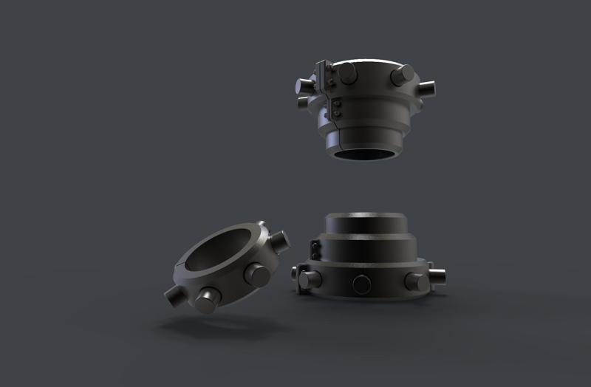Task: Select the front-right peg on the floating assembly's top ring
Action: [x=403, y=74]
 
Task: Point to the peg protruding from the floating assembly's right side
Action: [x=429, y=88]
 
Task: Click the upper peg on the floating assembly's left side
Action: [x=304, y=83]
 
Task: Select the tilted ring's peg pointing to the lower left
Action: [x=175, y=297]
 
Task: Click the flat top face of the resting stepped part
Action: [x=365, y=218]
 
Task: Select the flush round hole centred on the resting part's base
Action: [x=362, y=284]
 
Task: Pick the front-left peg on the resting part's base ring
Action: [x=310, y=278]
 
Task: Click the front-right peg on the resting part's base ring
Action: [x=416, y=281]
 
